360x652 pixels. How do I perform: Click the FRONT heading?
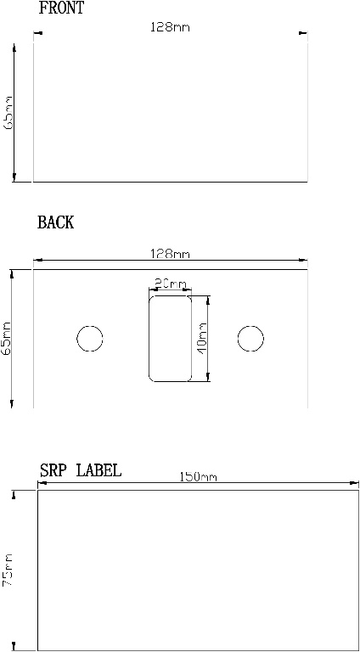click(62, 9)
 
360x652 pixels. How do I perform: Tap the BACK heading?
click(55, 222)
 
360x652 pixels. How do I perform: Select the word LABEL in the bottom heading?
click(98, 470)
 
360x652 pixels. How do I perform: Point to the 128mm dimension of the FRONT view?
click(170, 28)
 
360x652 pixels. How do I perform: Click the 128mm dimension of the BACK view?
click(170, 254)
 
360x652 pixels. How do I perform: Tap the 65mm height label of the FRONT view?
click(9, 112)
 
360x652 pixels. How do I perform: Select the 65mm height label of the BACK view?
click(8, 339)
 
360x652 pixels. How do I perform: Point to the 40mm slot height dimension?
click(202, 337)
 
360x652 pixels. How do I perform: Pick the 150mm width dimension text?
click(198, 477)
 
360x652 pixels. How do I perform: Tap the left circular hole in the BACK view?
click(90, 338)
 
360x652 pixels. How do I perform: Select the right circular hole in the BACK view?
click(250, 338)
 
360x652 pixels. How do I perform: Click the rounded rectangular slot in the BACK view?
click(170, 338)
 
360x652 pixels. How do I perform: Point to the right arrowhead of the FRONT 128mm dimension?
click(304, 34)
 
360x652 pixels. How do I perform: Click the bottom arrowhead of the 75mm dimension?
click(14, 645)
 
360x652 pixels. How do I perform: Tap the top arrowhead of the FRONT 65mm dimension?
click(14, 48)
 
